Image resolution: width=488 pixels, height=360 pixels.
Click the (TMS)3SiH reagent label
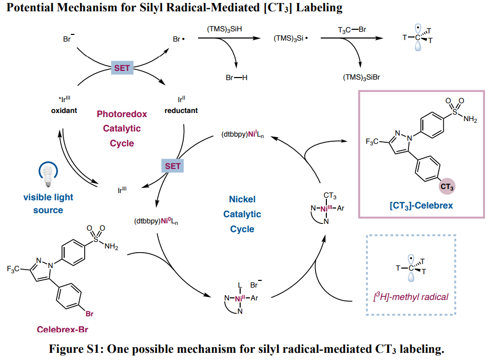[x=225, y=30]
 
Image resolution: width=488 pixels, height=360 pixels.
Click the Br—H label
[x=237, y=78]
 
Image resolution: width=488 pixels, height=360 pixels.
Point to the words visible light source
[x=48, y=203]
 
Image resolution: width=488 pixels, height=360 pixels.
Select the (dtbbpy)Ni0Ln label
[x=157, y=222]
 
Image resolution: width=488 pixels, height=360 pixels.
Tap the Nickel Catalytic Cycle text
[x=242, y=214]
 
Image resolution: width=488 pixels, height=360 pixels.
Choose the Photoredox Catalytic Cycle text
[x=122, y=128]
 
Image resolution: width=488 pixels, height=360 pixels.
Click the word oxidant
[x=64, y=110]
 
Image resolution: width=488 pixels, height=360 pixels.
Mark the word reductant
[x=181, y=110]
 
